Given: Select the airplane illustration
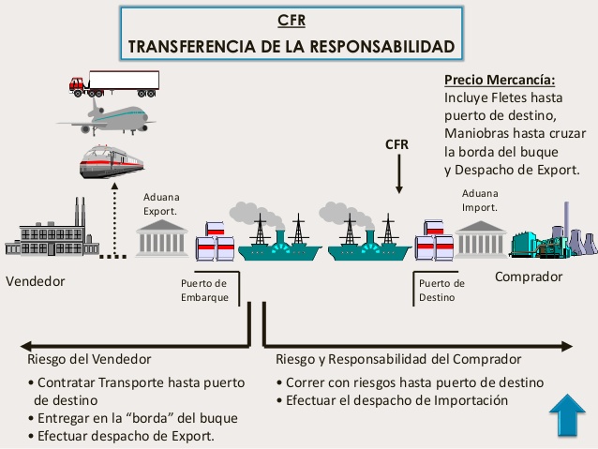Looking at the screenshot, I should tap(106, 119).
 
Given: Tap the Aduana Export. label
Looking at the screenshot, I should tap(161, 203).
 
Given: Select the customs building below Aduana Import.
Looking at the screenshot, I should tap(480, 238).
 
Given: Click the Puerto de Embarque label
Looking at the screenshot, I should tap(203, 290).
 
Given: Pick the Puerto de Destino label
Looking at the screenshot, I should tap(441, 290).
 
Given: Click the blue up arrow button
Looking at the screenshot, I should tap(567, 414).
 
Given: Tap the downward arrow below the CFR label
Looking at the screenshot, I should tap(398, 174).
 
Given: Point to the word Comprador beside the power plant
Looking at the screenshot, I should tap(529, 277).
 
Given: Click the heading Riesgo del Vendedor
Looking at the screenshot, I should tap(89, 359).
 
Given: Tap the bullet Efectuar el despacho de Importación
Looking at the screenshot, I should tap(393, 400).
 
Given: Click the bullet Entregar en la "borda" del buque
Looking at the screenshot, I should tap(132, 417).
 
